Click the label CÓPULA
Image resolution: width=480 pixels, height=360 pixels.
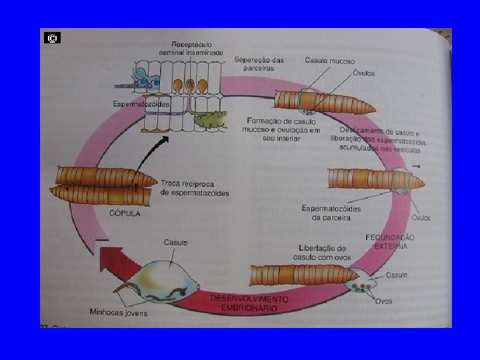(125, 213)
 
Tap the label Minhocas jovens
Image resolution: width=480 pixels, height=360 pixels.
(119, 312)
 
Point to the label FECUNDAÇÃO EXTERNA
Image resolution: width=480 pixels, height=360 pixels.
(390, 241)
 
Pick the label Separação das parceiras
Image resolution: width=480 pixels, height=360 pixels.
(259, 64)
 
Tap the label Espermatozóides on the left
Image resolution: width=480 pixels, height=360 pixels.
(141, 104)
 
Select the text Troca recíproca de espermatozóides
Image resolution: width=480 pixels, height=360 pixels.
(195, 188)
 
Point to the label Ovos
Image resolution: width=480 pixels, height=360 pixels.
(383, 301)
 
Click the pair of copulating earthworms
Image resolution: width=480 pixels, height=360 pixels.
(103, 186)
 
